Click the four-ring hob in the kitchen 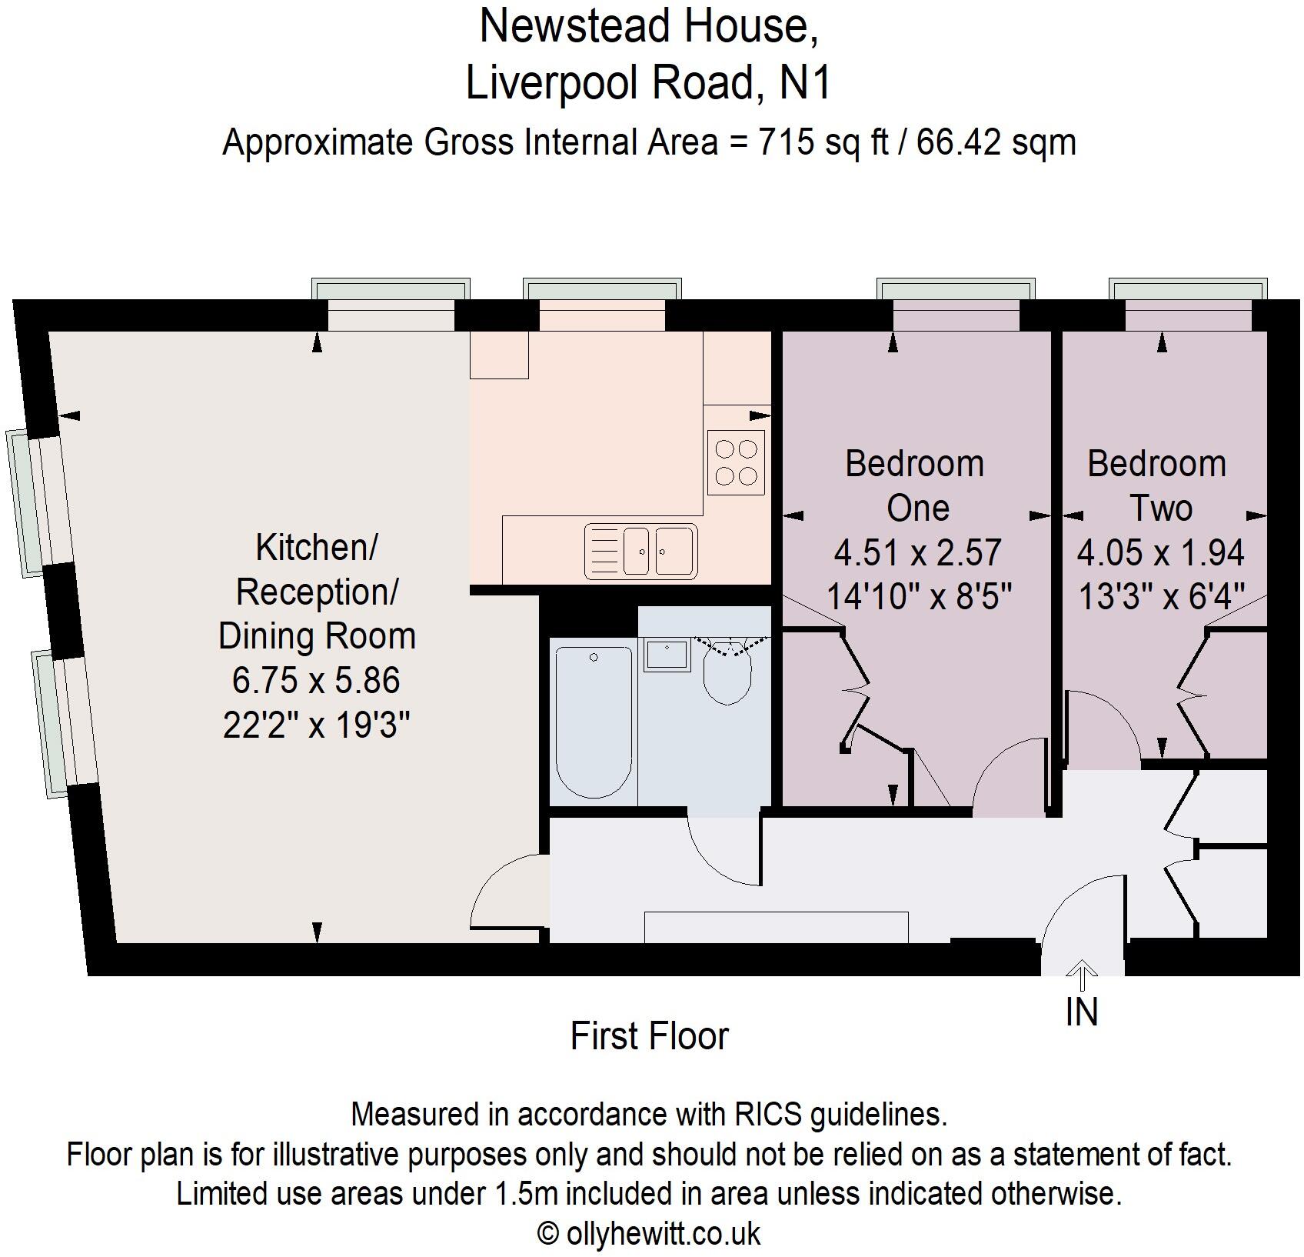point(737,462)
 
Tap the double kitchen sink point(641,551)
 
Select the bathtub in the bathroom point(594,722)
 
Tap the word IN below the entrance point(1082,1012)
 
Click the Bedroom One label point(916,485)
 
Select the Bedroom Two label point(1158,485)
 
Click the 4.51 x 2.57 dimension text point(917,552)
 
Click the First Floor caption point(650,1036)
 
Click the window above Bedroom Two point(1189,289)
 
